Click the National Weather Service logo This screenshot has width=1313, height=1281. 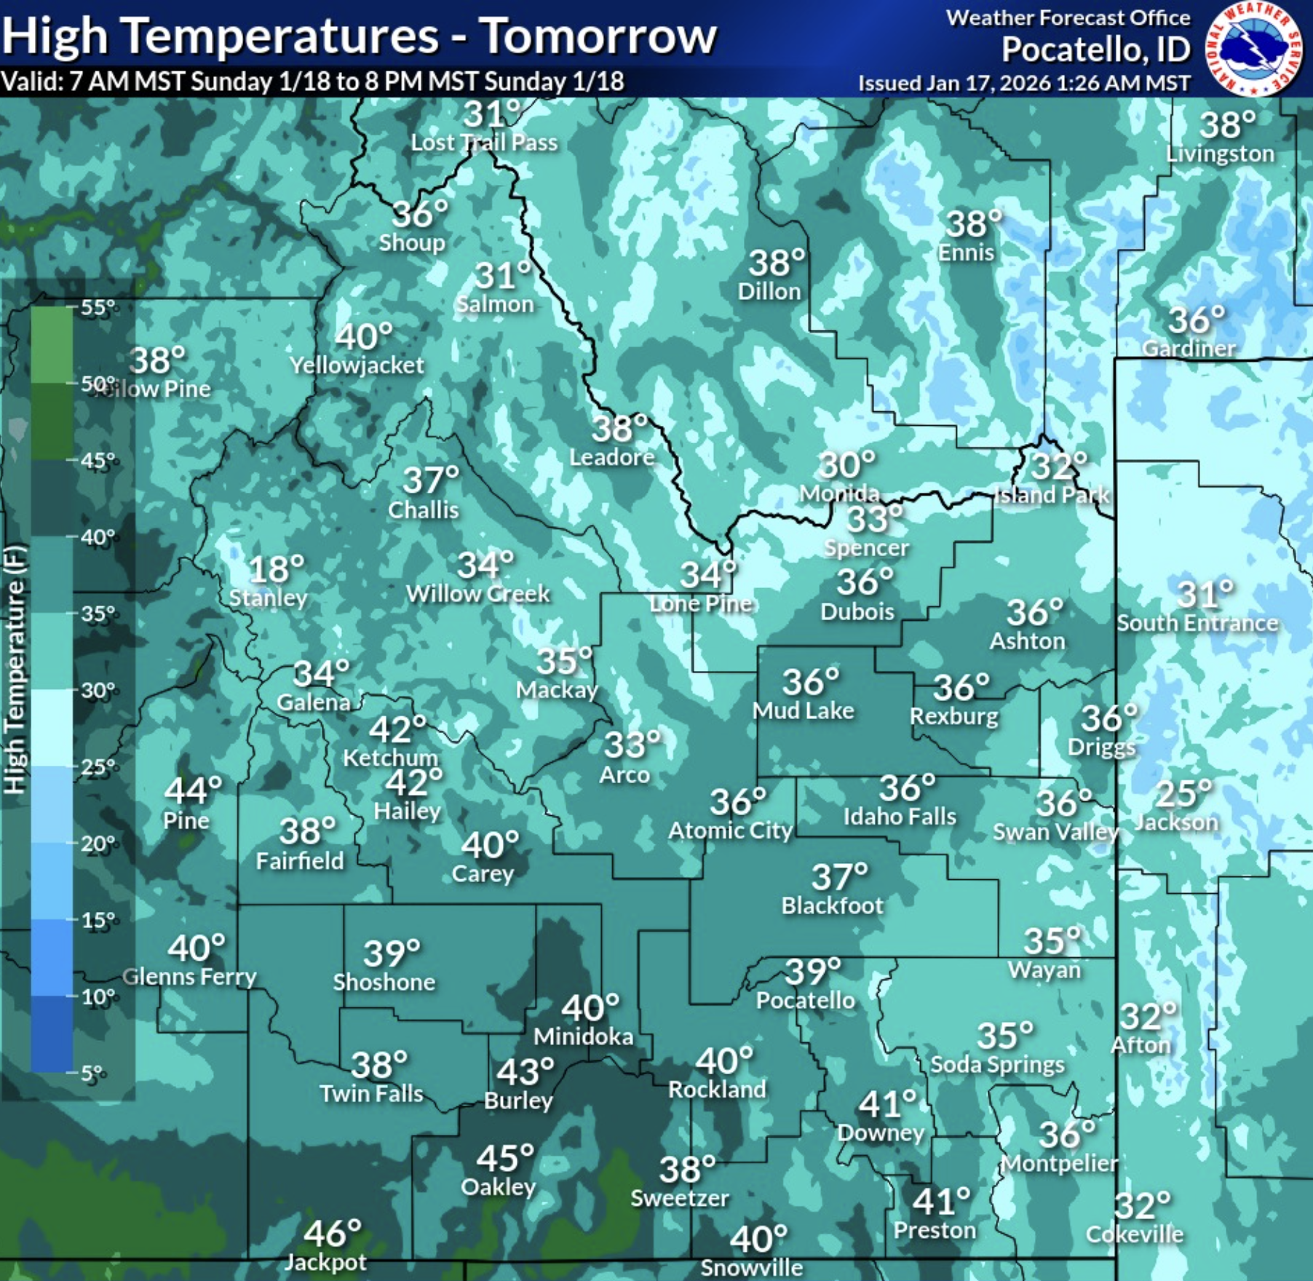(x=1253, y=48)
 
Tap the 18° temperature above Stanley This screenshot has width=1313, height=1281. (x=277, y=569)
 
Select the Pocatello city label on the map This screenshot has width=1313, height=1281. (x=805, y=1001)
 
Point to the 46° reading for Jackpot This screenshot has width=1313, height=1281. (x=332, y=1233)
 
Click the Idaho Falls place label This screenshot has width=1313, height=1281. (x=900, y=817)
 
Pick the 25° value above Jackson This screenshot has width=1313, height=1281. (x=1183, y=793)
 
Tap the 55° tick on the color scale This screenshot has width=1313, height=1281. (x=98, y=307)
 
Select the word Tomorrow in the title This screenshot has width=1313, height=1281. (x=598, y=36)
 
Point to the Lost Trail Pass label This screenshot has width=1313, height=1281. (x=484, y=143)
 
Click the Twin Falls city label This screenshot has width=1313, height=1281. (x=371, y=1093)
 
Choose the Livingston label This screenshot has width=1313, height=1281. (x=1220, y=154)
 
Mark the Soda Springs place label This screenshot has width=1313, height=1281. (x=997, y=1065)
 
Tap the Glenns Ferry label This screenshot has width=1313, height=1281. (x=189, y=977)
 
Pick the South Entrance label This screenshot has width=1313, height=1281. (x=1197, y=623)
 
